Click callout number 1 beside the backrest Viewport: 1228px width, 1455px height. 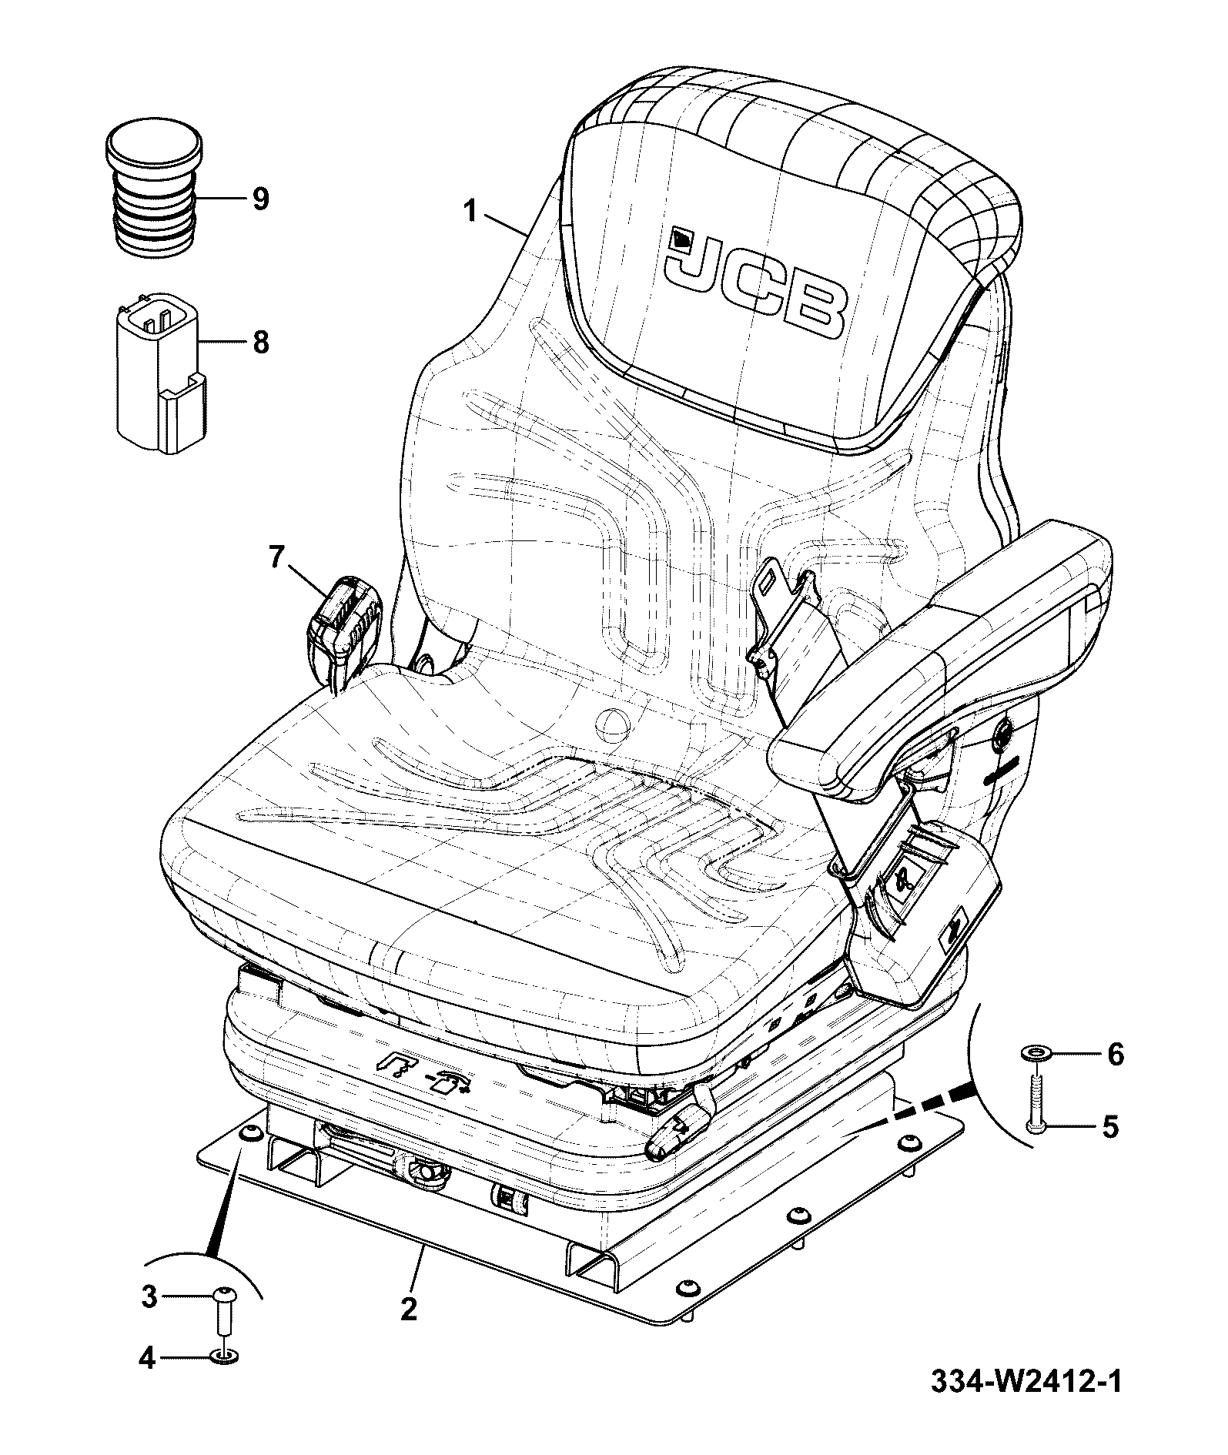(x=471, y=211)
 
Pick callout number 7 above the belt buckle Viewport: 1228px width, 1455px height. (x=277, y=557)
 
